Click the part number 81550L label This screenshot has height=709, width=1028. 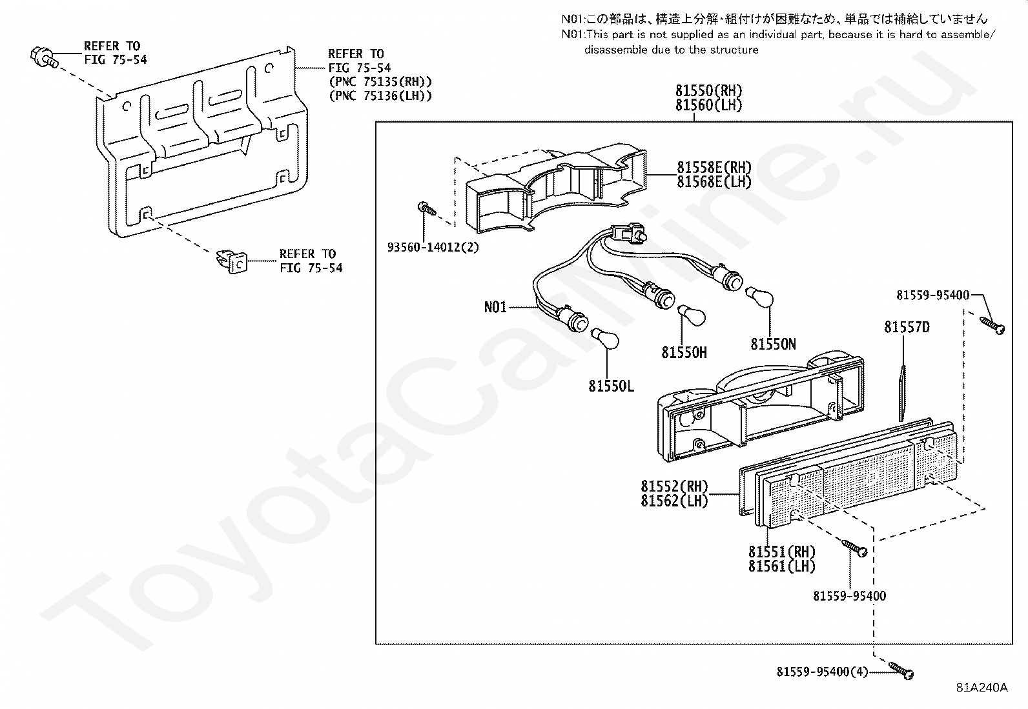coord(611,386)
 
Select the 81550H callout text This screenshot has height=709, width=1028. coord(684,352)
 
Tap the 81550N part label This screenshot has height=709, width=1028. coord(773,345)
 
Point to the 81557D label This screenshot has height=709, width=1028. coord(907,328)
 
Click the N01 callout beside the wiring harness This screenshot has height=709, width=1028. coord(495,307)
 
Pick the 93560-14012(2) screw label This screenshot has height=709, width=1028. coord(433,247)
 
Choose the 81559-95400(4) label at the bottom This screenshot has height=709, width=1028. coord(822,672)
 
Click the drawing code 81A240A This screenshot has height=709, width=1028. coord(982,687)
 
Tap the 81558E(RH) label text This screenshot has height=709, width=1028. coord(714,168)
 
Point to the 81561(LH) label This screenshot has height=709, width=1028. coord(782,566)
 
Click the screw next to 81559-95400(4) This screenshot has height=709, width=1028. coord(901,670)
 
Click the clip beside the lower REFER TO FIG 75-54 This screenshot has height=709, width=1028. coord(231,261)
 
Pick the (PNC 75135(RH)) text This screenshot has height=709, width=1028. coord(380,82)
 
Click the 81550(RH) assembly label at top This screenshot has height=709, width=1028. coord(709,91)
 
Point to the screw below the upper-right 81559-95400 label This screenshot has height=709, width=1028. coord(992,325)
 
